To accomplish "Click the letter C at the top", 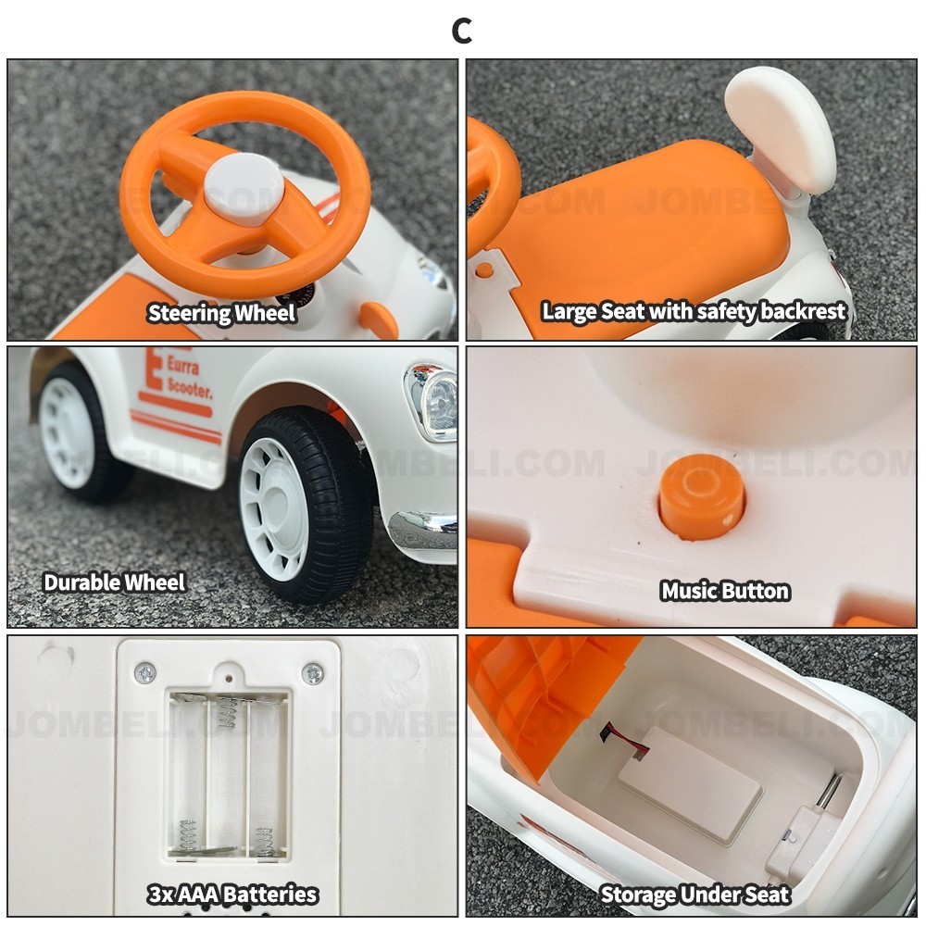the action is (462, 31).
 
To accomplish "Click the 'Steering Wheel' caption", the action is (221, 313).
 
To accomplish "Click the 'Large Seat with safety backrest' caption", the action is (694, 311).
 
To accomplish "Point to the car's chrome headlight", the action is (432, 402).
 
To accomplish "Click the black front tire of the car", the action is (308, 504).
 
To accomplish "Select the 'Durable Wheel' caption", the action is (115, 582).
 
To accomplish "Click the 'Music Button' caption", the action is (725, 591).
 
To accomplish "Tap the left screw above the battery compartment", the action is (145, 673).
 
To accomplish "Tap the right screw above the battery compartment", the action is (312, 673).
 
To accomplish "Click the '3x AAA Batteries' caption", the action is (232, 895).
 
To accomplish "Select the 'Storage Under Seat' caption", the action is (694, 895).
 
